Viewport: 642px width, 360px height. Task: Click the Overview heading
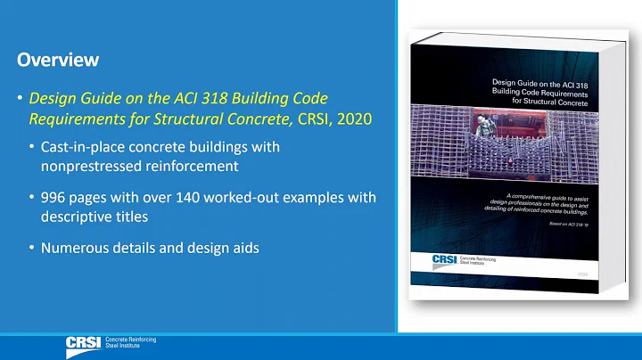point(57,61)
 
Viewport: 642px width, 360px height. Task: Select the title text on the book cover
point(541,92)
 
